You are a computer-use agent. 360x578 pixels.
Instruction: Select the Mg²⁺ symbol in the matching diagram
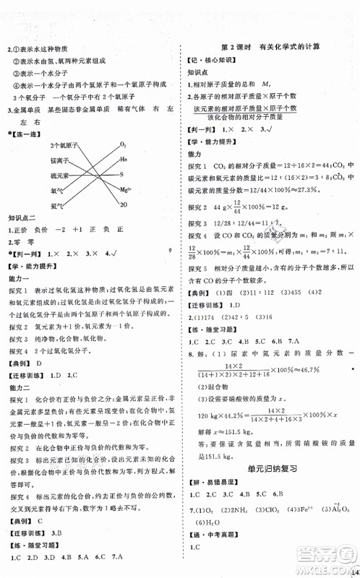coord(126,190)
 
